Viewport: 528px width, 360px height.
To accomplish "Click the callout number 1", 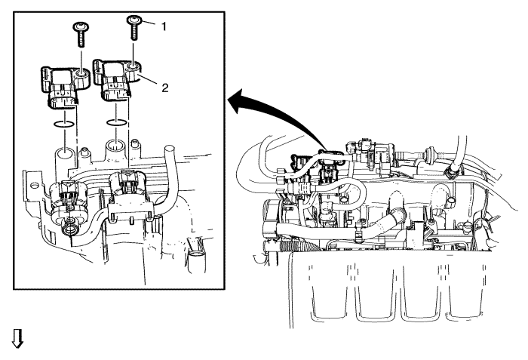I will click(161, 25).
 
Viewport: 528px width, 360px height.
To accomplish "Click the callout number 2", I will click(164, 87).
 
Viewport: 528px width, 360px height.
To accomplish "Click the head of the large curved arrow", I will click(235, 100).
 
